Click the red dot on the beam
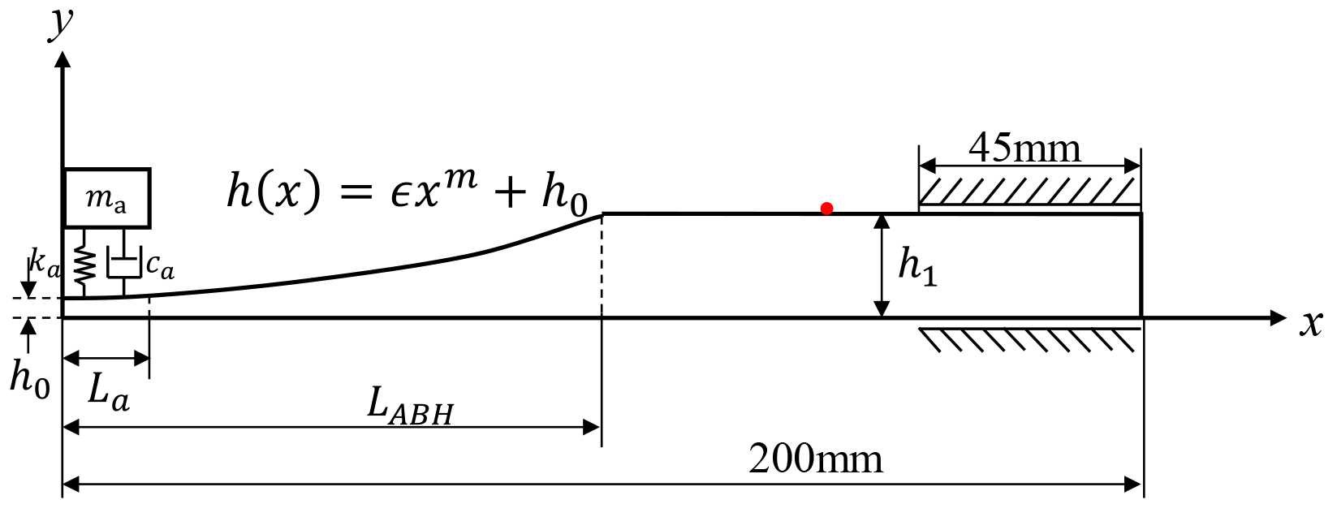point(826,209)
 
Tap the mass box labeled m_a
point(106,198)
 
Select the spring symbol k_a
point(84,266)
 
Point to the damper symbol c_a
point(123,266)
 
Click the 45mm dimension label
point(1024,149)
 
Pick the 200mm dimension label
point(815,459)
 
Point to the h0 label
point(29,377)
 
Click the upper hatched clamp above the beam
point(1029,192)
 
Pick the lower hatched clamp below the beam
point(1029,339)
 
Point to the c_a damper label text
point(160,265)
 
